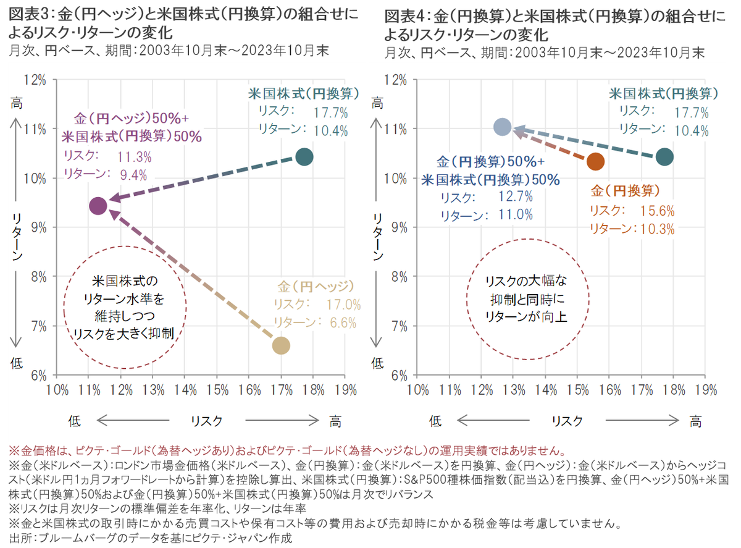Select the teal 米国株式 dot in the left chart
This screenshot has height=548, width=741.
click(x=304, y=156)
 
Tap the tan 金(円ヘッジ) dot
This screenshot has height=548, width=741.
click(x=281, y=345)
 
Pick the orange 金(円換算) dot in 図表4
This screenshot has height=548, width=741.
click(x=595, y=162)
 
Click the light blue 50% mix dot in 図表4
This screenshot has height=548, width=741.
click(x=503, y=127)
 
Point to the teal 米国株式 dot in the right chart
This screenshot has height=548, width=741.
click(x=664, y=156)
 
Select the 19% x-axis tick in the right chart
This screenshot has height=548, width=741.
click(x=705, y=390)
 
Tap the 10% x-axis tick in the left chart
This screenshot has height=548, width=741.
click(x=57, y=390)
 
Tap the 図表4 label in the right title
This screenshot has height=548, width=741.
click(x=401, y=15)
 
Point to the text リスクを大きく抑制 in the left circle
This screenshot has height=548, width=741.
click(x=125, y=334)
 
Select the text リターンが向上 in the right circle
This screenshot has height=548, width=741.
click(x=526, y=316)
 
